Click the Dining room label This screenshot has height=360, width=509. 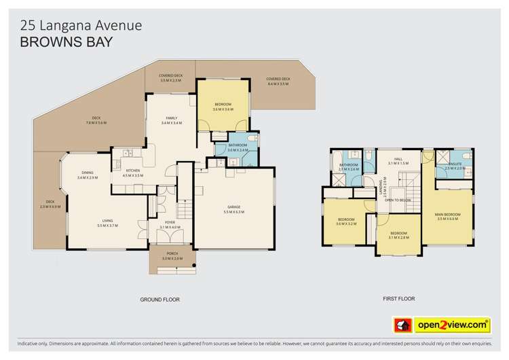[x=88, y=175]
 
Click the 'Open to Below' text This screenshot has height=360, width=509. [x=398, y=200]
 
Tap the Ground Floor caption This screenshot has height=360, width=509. [x=160, y=299]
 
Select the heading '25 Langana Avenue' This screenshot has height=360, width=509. [x=81, y=25]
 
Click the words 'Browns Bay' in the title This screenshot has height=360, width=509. [x=67, y=41]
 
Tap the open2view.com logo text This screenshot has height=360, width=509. [x=453, y=325]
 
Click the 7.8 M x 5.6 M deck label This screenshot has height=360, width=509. [x=96, y=120]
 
